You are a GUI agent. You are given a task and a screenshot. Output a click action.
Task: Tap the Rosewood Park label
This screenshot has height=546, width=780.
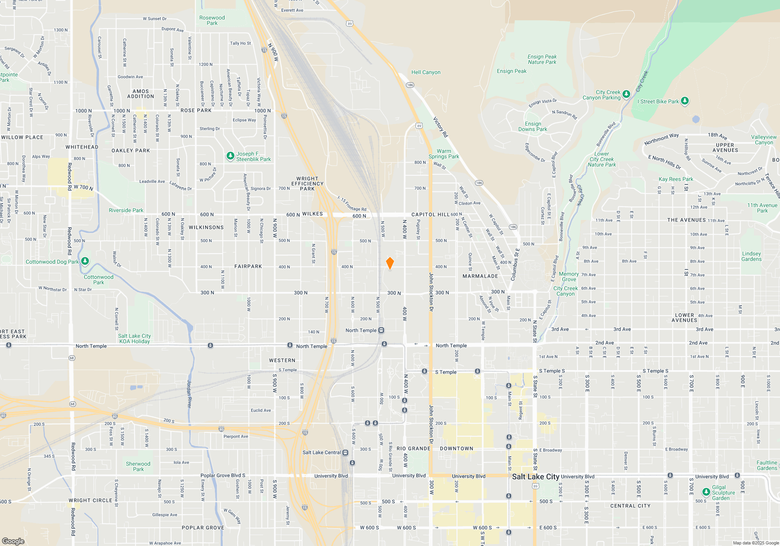tap(212, 20)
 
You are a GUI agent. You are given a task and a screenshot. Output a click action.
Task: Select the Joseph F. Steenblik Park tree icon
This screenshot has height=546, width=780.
tap(230, 156)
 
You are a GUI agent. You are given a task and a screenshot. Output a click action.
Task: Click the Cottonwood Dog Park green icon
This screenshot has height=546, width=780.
tap(85, 261)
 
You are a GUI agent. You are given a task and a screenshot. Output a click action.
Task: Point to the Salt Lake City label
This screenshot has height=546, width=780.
tap(535, 477)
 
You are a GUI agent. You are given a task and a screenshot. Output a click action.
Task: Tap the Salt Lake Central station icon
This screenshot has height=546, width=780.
tap(345, 452)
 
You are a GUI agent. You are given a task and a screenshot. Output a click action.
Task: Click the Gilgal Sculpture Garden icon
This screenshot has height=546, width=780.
tap(706, 492)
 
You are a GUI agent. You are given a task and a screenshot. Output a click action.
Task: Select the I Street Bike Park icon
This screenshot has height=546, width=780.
tap(685, 101)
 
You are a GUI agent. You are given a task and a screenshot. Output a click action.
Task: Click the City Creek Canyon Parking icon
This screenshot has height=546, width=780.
tap(626, 94)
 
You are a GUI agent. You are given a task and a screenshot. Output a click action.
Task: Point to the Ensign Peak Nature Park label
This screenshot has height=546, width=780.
tap(542, 59)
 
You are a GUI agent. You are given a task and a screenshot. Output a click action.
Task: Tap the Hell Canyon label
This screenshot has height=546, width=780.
tap(426, 72)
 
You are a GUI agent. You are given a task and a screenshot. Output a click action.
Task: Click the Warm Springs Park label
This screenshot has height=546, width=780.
tap(444, 154)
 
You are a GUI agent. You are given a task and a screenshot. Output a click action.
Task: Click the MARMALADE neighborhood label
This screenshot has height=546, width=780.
tap(480, 276)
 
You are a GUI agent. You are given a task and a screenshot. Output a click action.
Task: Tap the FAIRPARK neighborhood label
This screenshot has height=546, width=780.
tap(248, 266)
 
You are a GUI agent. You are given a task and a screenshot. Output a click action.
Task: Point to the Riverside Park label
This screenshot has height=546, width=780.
tap(126, 210)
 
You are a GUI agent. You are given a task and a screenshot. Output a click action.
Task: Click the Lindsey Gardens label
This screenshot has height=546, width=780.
tap(751, 256)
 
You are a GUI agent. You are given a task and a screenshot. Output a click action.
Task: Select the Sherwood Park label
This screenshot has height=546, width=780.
tap(138, 466)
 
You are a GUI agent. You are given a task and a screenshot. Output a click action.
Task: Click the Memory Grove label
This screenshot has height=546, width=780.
tap(569, 277)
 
